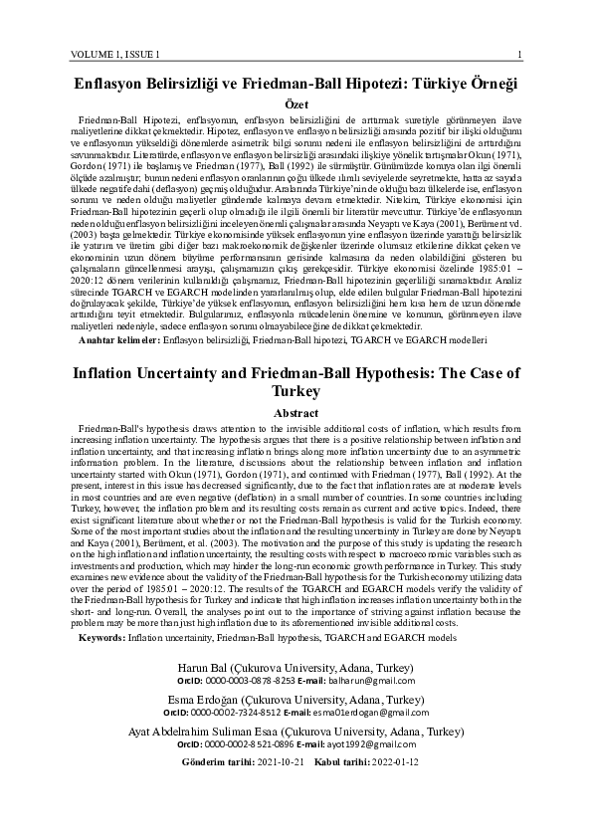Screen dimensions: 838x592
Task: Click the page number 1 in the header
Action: pos(521,53)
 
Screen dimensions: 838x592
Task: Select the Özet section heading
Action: pos(296,104)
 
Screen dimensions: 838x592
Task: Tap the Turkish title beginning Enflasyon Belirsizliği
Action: pos(296,83)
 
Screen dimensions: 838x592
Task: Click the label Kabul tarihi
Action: pos(313,761)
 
